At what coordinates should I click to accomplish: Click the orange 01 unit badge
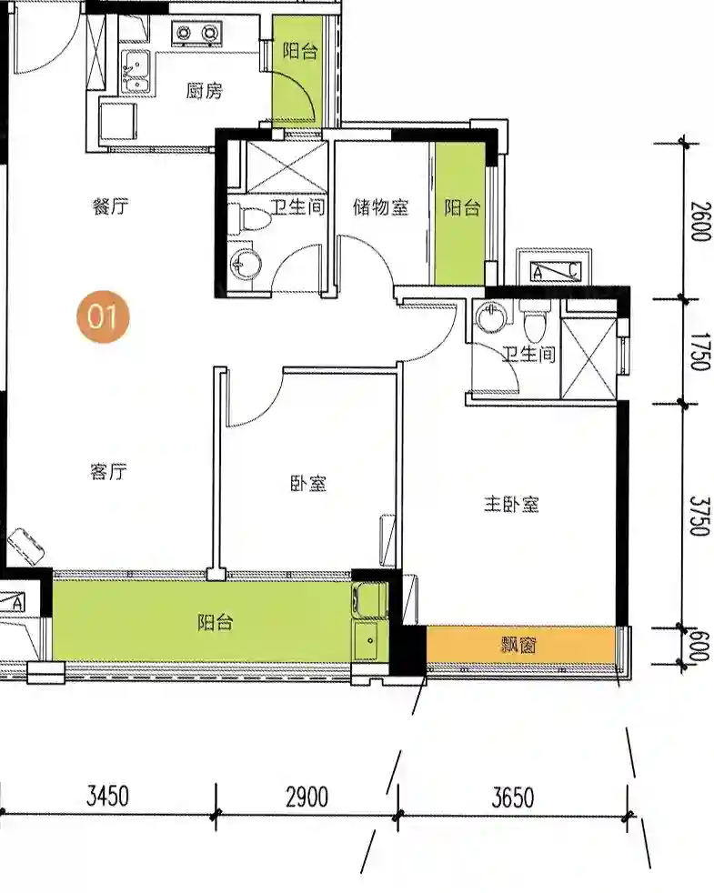[x=103, y=316]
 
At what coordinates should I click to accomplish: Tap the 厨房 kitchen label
[x=204, y=91]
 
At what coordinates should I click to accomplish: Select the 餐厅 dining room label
[x=111, y=206]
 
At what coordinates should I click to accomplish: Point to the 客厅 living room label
[x=108, y=471]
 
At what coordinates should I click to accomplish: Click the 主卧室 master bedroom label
[x=511, y=504]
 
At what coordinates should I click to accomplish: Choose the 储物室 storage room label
[x=380, y=206]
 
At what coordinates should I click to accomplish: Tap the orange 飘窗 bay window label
[x=518, y=645]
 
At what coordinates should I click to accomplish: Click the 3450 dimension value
[x=107, y=796]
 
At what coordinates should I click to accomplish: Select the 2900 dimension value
[x=307, y=797]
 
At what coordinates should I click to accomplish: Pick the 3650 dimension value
[x=513, y=798]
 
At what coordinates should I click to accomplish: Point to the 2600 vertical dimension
[x=700, y=222]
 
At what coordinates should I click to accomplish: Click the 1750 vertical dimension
[x=700, y=351]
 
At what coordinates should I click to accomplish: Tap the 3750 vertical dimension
[x=700, y=516]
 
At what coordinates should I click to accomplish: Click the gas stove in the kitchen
[x=196, y=33]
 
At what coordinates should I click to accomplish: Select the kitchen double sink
[x=135, y=71]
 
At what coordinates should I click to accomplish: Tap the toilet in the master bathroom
[x=535, y=324]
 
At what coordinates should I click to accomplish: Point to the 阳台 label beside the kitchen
[x=300, y=51]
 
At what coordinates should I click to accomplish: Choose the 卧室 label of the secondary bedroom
[x=308, y=484]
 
